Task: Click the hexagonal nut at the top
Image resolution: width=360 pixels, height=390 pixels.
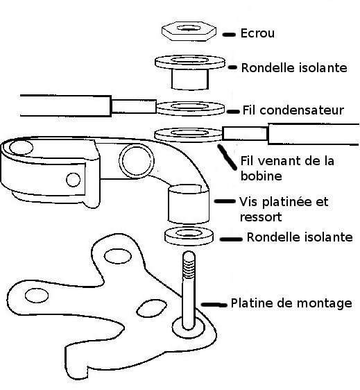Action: [x=189, y=31]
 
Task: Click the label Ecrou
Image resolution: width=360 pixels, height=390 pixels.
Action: [x=257, y=33]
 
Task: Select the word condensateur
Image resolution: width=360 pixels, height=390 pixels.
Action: [x=301, y=110]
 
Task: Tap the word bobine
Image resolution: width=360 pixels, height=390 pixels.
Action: [x=262, y=176]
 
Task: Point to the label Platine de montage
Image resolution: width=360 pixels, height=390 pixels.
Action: [x=291, y=303]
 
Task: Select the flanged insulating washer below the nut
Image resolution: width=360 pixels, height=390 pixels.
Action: [x=190, y=72]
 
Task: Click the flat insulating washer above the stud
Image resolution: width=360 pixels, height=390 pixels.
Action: [x=189, y=235]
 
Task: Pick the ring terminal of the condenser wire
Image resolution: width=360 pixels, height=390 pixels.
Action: [x=190, y=108]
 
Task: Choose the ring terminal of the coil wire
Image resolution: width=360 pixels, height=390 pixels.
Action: [x=189, y=135]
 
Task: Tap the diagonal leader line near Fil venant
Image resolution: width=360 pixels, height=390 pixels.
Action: [x=227, y=158]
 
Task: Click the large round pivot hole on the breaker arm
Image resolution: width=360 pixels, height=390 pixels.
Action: [x=137, y=161]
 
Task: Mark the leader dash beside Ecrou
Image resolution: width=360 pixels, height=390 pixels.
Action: [x=229, y=35]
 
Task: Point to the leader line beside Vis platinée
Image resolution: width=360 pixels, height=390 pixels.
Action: [x=225, y=201]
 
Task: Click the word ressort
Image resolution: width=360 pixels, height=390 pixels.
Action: [x=261, y=217]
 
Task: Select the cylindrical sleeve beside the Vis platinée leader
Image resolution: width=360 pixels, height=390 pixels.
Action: [x=189, y=204]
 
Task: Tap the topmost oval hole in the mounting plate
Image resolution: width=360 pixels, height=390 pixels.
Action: [x=118, y=256]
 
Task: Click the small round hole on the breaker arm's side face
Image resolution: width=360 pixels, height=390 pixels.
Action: [x=74, y=180]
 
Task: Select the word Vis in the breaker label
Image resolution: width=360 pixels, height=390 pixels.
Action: [x=249, y=201]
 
